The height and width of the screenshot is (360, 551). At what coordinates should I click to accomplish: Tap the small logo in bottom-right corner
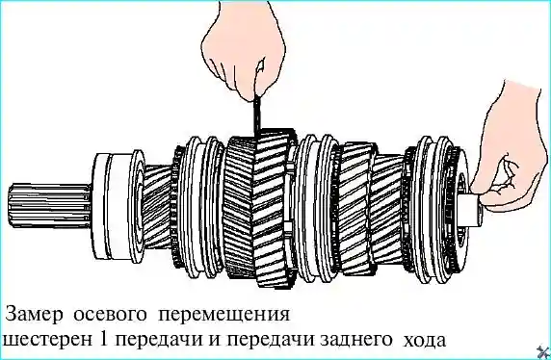click(x=541, y=350)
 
